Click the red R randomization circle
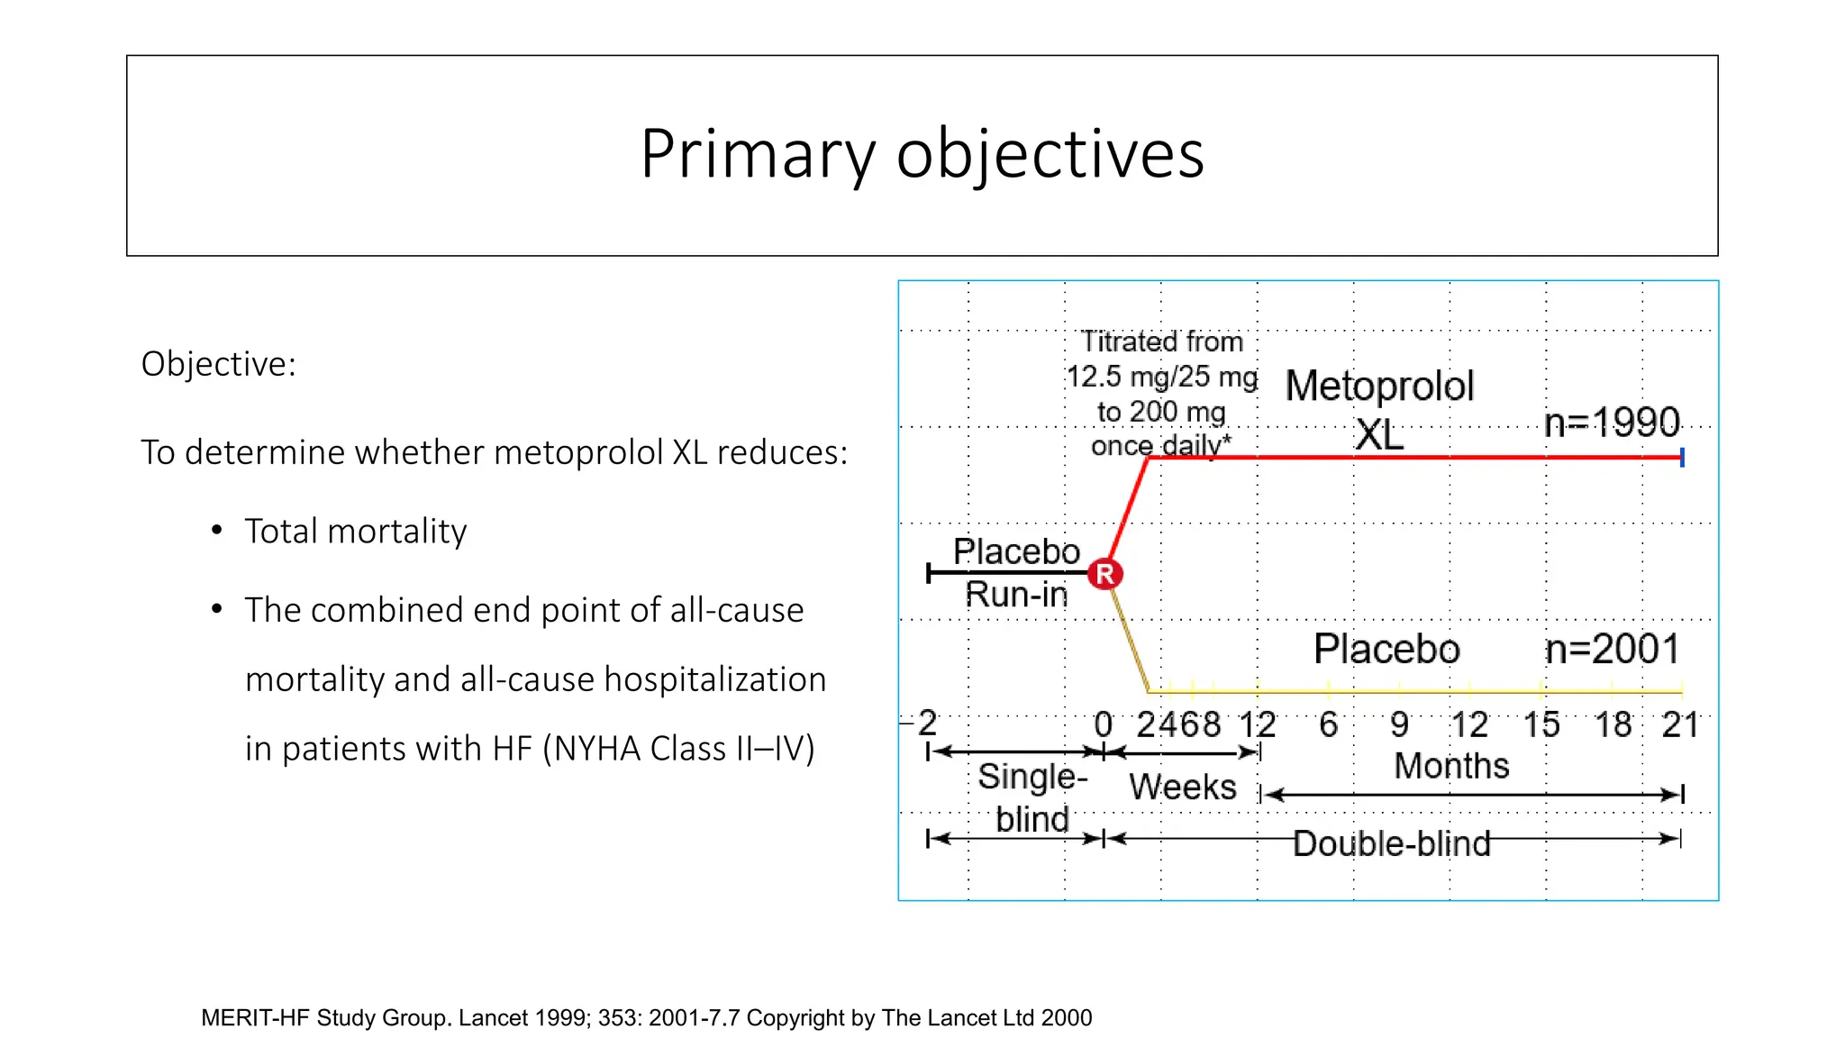(x=1104, y=574)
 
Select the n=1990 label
(x=1612, y=423)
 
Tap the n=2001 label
(x=1612, y=649)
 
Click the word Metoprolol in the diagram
(x=1379, y=386)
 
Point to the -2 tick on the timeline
(x=925, y=723)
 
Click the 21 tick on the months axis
(x=1679, y=724)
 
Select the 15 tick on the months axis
(x=1541, y=724)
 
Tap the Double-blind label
(x=1391, y=843)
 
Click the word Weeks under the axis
(x=1182, y=787)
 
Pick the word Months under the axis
(x=1451, y=766)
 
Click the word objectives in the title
(x=1050, y=155)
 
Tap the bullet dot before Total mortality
(x=216, y=530)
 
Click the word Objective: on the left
(x=218, y=364)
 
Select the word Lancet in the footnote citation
(x=493, y=1018)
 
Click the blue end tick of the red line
(x=1682, y=458)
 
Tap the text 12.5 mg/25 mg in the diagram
(x=1161, y=377)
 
